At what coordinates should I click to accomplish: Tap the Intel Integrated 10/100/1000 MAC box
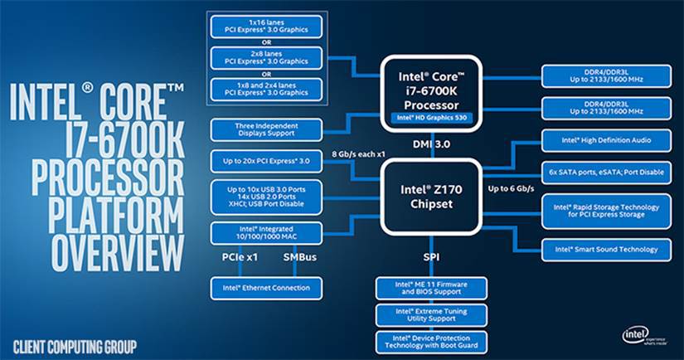click(x=260, y=233)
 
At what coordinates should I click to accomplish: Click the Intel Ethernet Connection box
click(x=260, y=289)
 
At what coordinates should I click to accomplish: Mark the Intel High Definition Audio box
click(x=605, y=140)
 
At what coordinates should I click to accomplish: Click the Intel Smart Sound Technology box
click(x=605, y=248)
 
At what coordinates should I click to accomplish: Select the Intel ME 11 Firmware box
click(x=430, y=288)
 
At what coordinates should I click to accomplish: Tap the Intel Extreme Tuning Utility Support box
click(x=430, y=314)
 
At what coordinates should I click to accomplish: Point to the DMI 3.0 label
click(x=430, y=144)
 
